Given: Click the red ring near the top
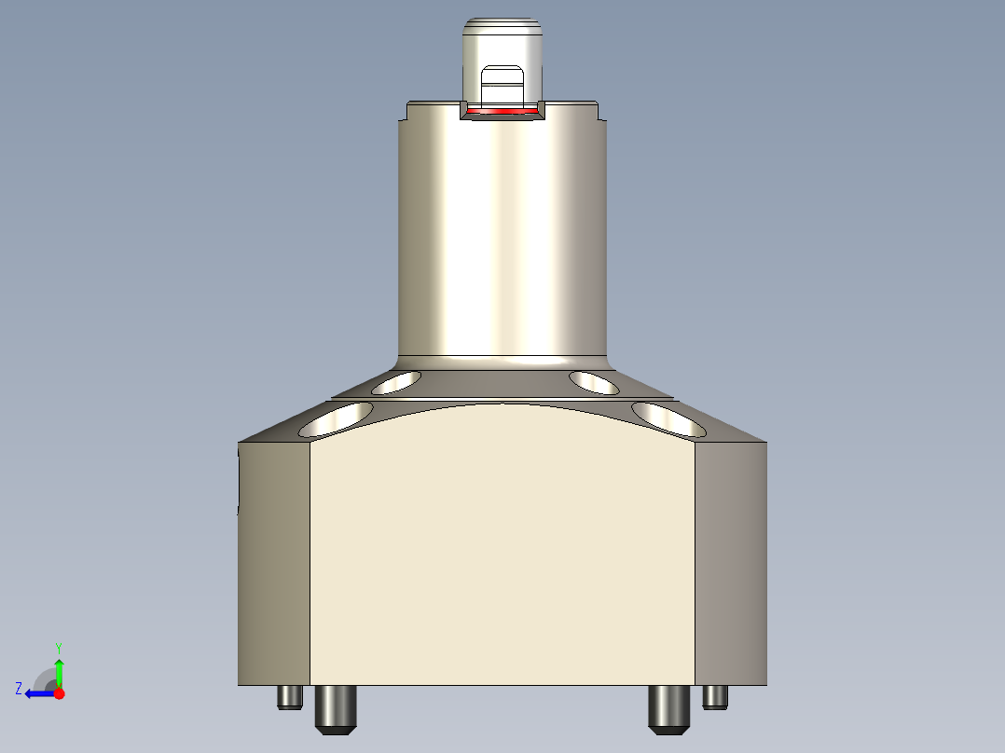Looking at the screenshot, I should (x=502, y=112).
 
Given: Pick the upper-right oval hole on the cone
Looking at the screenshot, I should (x=595, y=381).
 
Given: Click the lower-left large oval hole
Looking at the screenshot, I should (x=337, y=419).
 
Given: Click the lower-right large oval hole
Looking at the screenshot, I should (x=668, y=419).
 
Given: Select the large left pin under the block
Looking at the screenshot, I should (x=337, y=708).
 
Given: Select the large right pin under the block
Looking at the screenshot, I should (x=668, y=708).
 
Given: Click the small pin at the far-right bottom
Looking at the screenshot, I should (x=715, y=697).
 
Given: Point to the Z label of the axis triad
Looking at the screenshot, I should (x=19, y=689).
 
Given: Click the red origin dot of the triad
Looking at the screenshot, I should (x=59, y=693).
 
